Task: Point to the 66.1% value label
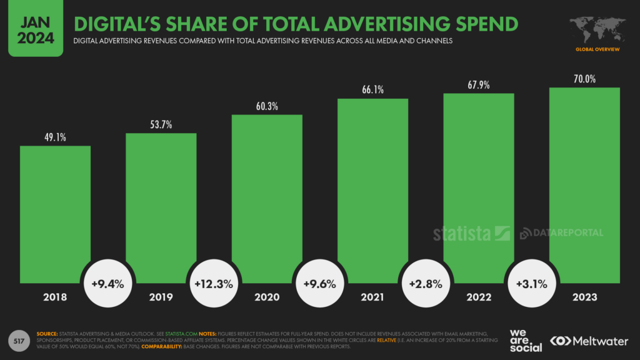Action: (372, 90)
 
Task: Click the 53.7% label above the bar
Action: (161, 124)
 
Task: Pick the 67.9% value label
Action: (479, 84)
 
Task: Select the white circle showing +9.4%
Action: (107, 283)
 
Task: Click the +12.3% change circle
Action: (214, 283)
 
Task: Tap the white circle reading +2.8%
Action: (426, 283)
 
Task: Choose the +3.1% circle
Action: (531, 283)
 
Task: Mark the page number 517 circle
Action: (19, 341)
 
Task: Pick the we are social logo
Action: (525, 341)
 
